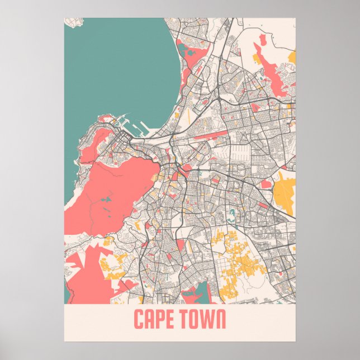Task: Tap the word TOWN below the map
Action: [202, 320]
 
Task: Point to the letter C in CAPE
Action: [139, 320]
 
